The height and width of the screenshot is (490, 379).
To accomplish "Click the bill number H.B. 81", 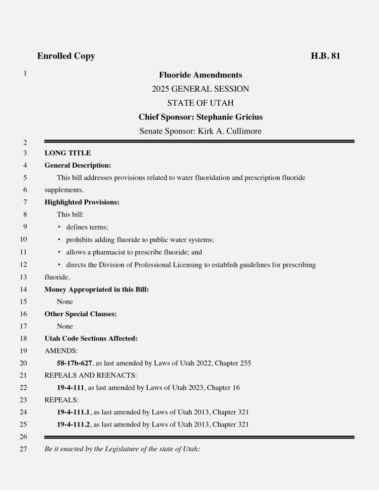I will click(325, 56).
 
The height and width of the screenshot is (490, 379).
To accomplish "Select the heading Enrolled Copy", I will click(66, 56).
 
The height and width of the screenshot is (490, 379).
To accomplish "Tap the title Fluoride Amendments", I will click(201, 75).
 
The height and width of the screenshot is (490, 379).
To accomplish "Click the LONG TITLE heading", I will click(68, 153).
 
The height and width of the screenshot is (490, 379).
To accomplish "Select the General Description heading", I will click(78, 165).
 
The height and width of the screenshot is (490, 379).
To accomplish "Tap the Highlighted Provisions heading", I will click(82, 202).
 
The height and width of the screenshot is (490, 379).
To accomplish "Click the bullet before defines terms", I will click(59, 227).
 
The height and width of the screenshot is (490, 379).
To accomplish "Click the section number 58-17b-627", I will click(75, 363).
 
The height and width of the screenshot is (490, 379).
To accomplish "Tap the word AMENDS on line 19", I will click(60, 351).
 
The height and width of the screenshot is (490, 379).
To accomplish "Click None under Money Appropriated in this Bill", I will click(65, 302).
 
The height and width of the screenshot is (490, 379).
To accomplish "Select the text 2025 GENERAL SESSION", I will click(201, 89).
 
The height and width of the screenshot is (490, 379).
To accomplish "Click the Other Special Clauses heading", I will click(81, 314).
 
